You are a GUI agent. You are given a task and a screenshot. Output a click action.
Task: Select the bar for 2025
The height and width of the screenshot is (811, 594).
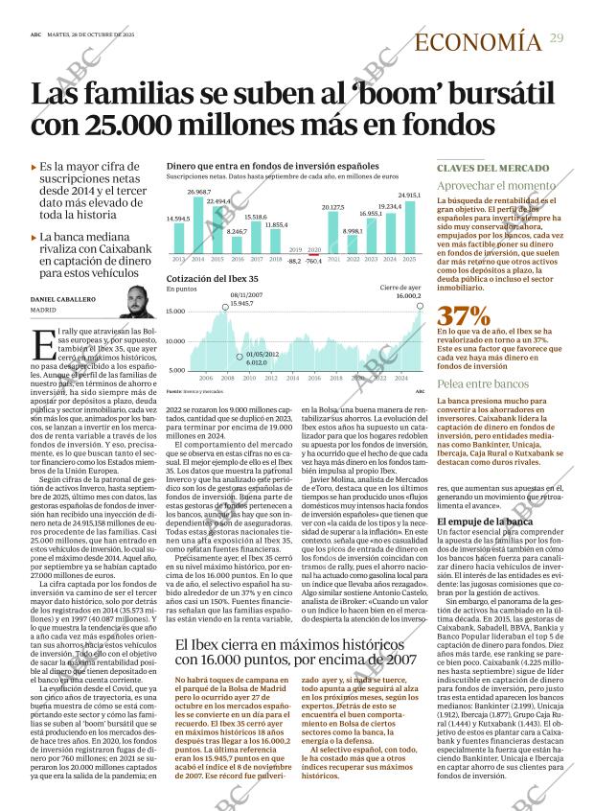(409, 227)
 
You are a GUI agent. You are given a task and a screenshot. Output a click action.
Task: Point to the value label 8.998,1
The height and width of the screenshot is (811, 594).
(353, 231)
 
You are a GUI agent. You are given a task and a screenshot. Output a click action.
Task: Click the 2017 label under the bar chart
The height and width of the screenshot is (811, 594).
(256, 260)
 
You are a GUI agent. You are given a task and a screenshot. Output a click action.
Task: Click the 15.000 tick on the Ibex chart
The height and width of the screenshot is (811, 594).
(175, 312)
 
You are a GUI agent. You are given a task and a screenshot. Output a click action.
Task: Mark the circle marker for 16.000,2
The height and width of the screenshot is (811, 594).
(420, 306)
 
